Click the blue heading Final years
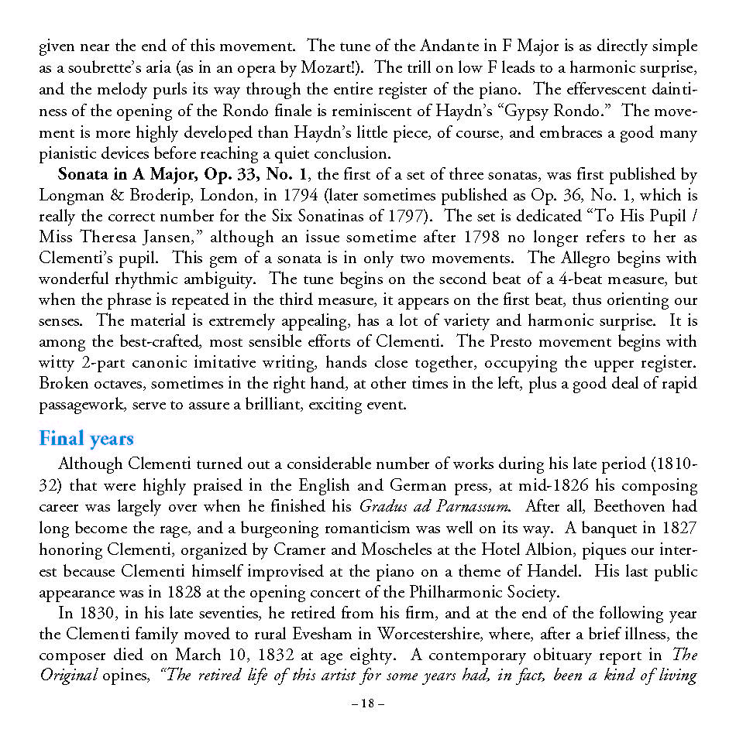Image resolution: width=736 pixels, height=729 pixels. coord(86,439)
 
